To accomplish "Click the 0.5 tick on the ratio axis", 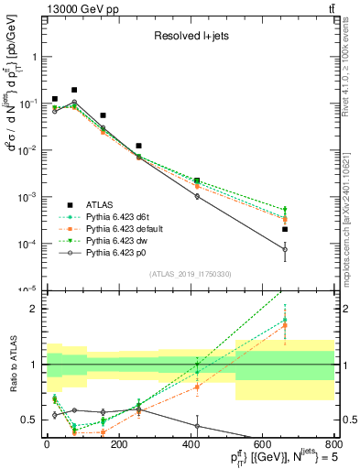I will point(33,420).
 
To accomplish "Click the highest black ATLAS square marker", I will point(74,90).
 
